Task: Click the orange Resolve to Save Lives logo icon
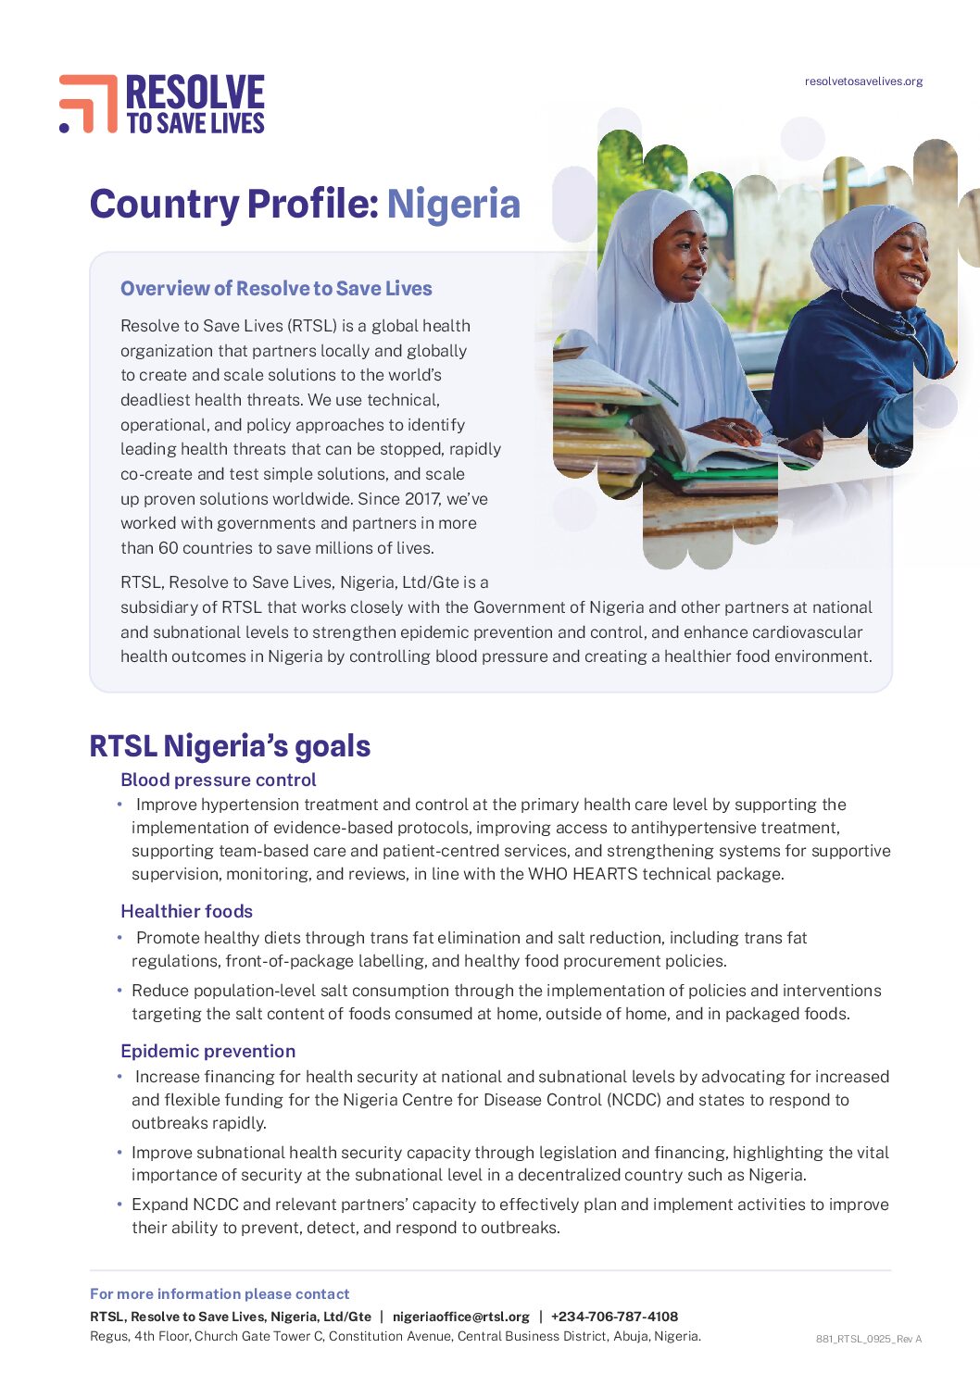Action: tap(88, 103)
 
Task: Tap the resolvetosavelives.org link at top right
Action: tap(863, 81)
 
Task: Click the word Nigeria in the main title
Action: tap(453, 205)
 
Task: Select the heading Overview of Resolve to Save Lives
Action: tap(276, 289)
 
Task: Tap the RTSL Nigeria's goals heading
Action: tap(230, 746)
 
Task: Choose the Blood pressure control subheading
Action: tap(218, 780)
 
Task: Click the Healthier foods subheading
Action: tap(186, 912)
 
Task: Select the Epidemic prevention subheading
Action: tap(207, 1052)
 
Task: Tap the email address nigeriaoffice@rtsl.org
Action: tap(460, 1317)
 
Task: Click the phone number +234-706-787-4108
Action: tap(614, 1317)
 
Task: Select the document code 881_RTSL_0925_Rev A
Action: tap(868, 1339)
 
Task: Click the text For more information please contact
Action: tap(220, 1294)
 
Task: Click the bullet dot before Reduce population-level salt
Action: tap(119, 991)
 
